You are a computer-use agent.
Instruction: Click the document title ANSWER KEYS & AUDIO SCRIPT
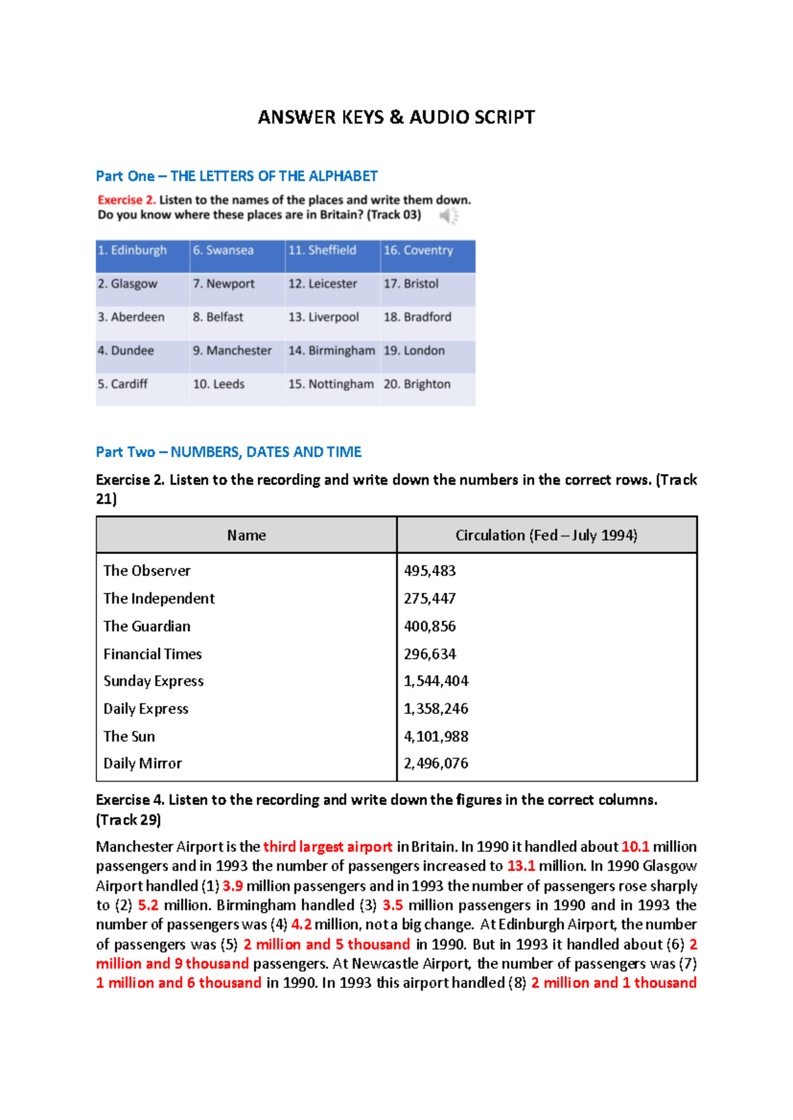[396, 118]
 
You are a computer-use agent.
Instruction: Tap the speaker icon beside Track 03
[449, 215]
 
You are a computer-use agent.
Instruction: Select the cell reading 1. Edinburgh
[132, 250]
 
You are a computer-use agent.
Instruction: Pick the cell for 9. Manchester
[232, 351]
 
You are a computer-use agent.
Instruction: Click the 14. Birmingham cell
[331, 351]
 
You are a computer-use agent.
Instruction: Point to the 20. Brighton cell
[417, 384]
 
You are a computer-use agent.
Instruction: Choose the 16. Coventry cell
[418, 250]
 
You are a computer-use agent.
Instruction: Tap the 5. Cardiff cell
[123, 384]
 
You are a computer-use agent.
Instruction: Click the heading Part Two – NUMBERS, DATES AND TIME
[229, 452]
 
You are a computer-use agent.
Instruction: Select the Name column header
[246, 536]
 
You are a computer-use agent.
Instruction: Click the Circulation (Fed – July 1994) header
[547, 536]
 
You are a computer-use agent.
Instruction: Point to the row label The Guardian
[147, 626]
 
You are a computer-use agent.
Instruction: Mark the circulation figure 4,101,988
[436, 736]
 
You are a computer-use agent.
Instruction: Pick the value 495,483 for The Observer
[430, 571]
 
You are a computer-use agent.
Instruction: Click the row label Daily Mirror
[142, 763]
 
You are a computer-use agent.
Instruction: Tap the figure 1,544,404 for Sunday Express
[436, 681]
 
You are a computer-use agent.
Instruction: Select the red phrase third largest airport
[328, 847]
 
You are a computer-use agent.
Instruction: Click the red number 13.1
[521, 866]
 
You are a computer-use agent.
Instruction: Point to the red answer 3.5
[393, 905]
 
